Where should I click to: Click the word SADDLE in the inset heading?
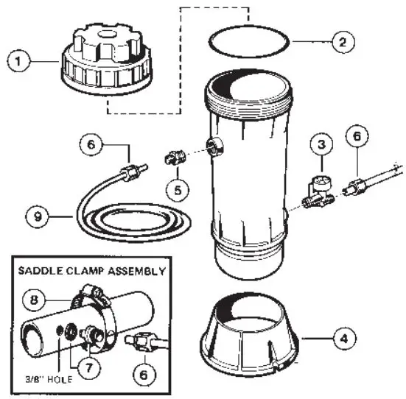click(46, 271)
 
